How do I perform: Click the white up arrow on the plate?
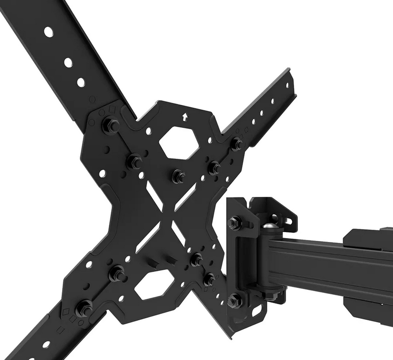pos(185,117)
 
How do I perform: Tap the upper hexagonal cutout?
pos(179,143)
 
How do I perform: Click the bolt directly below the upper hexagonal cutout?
pos(178,176)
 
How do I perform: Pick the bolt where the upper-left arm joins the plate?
pos(111,125)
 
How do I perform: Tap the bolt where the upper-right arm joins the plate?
pos(237,144)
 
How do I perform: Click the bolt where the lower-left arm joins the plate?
pos(84,308)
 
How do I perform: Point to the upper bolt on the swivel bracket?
pos(234,222)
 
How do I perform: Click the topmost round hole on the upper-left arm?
pos(49,32)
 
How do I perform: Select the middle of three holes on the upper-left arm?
pos(68,63)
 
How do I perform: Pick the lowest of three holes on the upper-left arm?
pos(81,83)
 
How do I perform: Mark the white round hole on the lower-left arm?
pos(46,344)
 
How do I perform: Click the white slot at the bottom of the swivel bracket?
pos(257,311)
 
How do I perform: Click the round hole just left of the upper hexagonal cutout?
pos(148,131)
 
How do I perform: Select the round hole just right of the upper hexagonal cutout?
pos(210,140)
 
